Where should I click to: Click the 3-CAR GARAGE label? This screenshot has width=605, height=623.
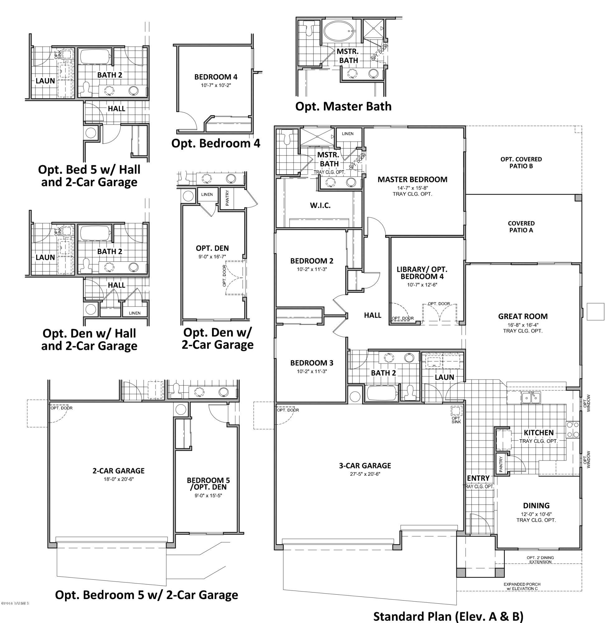(365, 466)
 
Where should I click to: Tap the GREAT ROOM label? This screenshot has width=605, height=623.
(523, 316)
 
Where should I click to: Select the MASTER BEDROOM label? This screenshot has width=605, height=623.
(412, 179)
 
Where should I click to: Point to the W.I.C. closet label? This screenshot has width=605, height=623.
(320, 205)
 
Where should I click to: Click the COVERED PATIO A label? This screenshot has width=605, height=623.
(521, 227)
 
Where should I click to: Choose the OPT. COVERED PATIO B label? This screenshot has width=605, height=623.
(521, 162)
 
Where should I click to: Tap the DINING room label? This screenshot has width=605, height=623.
(536, 505)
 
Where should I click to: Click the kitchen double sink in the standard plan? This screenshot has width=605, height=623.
(531, 398)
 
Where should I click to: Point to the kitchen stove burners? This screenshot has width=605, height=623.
(573, 430)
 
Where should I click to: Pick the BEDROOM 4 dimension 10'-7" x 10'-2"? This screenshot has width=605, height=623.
(216, 85)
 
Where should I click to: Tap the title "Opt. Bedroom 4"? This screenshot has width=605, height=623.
(216, 143)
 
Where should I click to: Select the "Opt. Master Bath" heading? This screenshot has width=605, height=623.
(343, 106)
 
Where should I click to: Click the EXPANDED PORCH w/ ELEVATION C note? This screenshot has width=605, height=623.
(522, 587)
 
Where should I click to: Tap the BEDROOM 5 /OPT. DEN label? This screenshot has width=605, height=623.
(208, 483)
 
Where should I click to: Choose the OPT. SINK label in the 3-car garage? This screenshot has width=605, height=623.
(456, 420)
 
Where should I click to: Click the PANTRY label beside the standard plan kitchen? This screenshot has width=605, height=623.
(501, 464)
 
